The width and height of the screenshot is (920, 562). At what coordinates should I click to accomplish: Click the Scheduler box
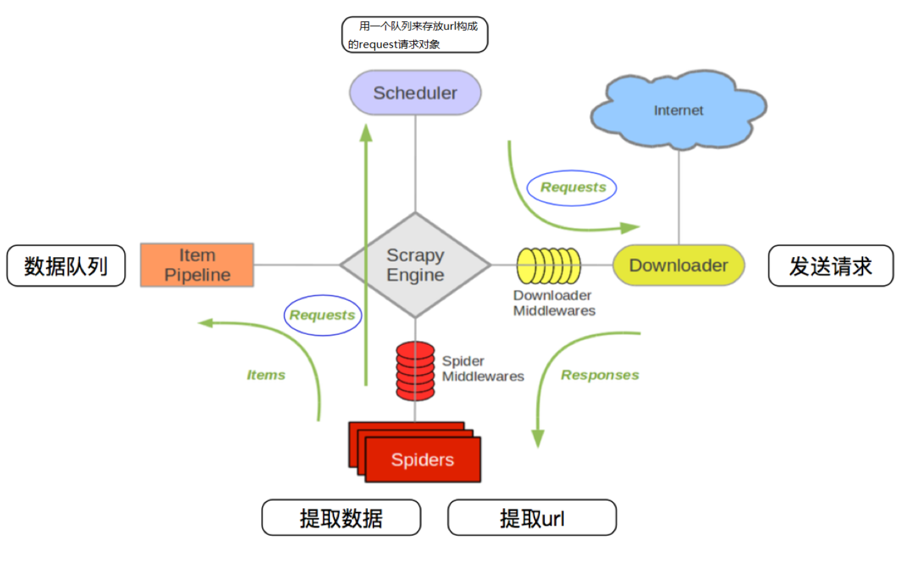pyautogui.click(x=415, y=92)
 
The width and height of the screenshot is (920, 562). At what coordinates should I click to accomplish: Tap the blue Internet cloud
pyautogui.click(x=678, y=110)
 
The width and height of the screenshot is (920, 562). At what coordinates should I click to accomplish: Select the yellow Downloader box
pyautogui.click(x=678, y=265)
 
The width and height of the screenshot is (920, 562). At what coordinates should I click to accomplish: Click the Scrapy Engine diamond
pyautogui.click(x=415, y=264)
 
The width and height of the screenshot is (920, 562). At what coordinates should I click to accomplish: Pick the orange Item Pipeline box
pyautogui.click(x=197, y=265)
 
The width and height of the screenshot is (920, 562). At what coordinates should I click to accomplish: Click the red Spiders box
pyautogui.click(x=422, y=459)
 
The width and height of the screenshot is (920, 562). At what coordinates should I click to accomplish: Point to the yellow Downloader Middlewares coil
pyautogui.click(x=548, y=266)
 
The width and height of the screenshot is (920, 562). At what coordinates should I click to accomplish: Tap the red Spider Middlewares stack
pyautogui.click(x=415, y=370)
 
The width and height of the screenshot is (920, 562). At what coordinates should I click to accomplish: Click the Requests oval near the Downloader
pyautogui.click(x=572, y=187)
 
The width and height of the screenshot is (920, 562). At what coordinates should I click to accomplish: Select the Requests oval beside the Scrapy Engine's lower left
pyautogui.click(x=323, y=315)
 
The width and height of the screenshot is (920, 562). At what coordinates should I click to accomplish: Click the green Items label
pyautogui.click(x=266, y=375)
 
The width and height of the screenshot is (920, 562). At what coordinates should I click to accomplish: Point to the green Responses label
pyautogui.click(x=599, y=375)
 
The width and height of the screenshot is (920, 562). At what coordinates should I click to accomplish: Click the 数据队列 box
pyautogui.click(x=66, y=266)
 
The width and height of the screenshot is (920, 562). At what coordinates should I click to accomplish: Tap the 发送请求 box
pyautogui.click(x=830, y=266)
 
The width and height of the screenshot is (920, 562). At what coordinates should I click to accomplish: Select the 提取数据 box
pyautogui.click(x=341, y=518)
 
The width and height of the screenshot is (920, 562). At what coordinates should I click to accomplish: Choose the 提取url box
pyautogui.click(x=531, y=518)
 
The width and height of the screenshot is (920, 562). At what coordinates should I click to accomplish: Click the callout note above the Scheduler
pyautogui.click(x=414, y=35)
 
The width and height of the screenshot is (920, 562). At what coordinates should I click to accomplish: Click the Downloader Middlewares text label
pyautogui.click(x=553, y=303)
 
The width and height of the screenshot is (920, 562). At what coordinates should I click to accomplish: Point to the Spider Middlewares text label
pyautogui.click(x=482, y=369)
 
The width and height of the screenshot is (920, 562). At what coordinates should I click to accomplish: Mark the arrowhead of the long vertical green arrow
pyautogui.click(x=366, y=132)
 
